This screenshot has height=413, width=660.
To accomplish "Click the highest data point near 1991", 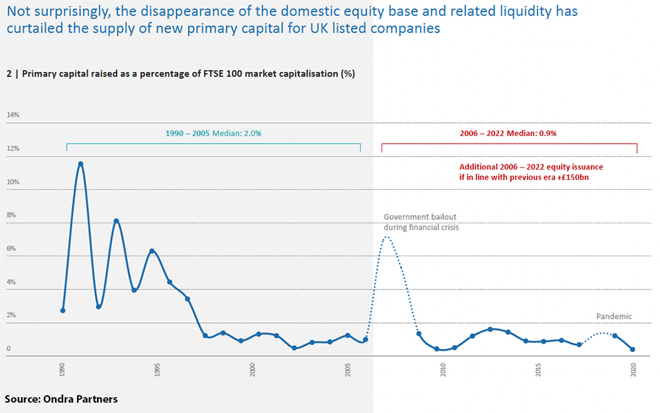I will pos(80,164).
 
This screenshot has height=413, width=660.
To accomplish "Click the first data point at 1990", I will pos(63,310).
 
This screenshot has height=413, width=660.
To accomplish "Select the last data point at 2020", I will pos(632,349).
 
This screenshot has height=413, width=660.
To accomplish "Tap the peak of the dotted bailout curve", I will pos(386,238).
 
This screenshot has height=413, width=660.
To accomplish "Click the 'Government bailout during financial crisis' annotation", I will pos(421,221).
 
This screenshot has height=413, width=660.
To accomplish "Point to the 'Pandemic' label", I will pos(613,317).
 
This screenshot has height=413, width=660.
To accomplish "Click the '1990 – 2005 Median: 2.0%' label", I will pos(213,133).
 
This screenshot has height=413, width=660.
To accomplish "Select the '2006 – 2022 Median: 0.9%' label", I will pos(508,133).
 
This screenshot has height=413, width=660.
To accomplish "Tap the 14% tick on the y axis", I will pos(13,115).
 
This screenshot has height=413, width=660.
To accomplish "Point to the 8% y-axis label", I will pos(11,215).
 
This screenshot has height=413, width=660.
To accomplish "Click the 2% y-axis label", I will pos(11,315).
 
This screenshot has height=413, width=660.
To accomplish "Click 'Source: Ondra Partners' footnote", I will pos(61,399).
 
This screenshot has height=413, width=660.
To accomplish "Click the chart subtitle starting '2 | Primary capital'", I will pos(180,74).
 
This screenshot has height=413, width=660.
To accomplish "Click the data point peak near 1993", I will pos(116,221).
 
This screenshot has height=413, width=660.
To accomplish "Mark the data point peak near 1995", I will pos(152,252).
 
